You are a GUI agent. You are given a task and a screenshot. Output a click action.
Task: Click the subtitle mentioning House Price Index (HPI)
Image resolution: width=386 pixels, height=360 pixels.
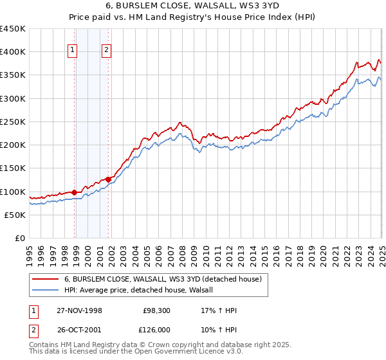click(192, 18)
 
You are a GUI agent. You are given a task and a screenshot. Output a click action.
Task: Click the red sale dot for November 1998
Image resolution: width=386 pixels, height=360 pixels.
click(75, 192)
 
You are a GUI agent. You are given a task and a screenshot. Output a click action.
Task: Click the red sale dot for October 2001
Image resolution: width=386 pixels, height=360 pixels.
click(109, 179)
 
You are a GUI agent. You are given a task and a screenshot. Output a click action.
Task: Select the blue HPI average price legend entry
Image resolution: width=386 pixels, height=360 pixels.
click(142, 291)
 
